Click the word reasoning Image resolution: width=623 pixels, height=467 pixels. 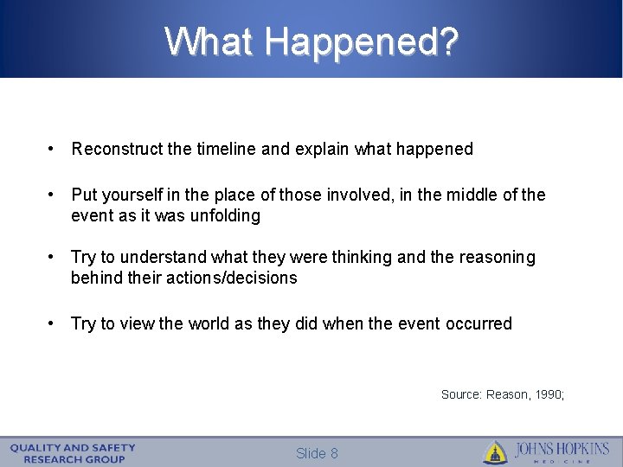496,257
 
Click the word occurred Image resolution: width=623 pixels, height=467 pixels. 478,323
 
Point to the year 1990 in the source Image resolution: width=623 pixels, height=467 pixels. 549,394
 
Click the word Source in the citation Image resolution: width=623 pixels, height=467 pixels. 460,394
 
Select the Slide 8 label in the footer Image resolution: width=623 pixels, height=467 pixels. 317,453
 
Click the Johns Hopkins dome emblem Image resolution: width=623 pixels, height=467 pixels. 495,452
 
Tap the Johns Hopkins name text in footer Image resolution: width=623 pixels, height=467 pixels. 562,451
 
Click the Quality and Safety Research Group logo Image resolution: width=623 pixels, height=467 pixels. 74,452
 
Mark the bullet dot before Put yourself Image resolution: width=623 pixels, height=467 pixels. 54,195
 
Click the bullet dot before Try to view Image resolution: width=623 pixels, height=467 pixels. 54,323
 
